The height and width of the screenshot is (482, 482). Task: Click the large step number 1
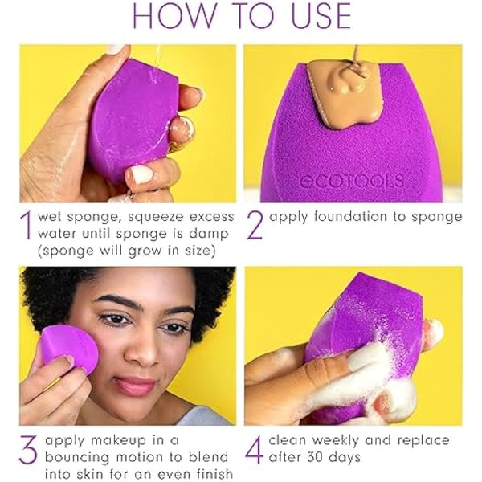pos(29,226)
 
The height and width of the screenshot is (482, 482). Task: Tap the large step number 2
pos(255,226)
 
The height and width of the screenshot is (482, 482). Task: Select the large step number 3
pos(28,451)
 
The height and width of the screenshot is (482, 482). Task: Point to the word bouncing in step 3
pos(78,457)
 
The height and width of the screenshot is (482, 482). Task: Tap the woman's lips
pos(135,386)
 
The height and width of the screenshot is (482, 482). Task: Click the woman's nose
pos(133,353)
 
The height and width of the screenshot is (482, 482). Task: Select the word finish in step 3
pos(211,473)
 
